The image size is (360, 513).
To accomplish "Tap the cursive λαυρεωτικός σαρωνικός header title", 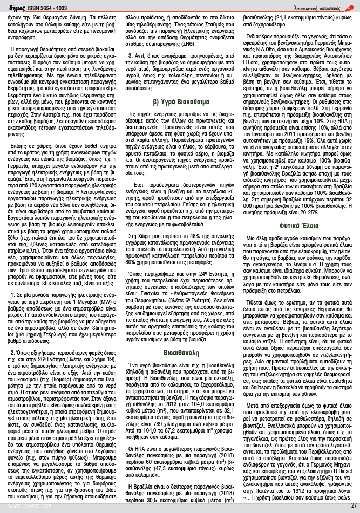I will (323, 6).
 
